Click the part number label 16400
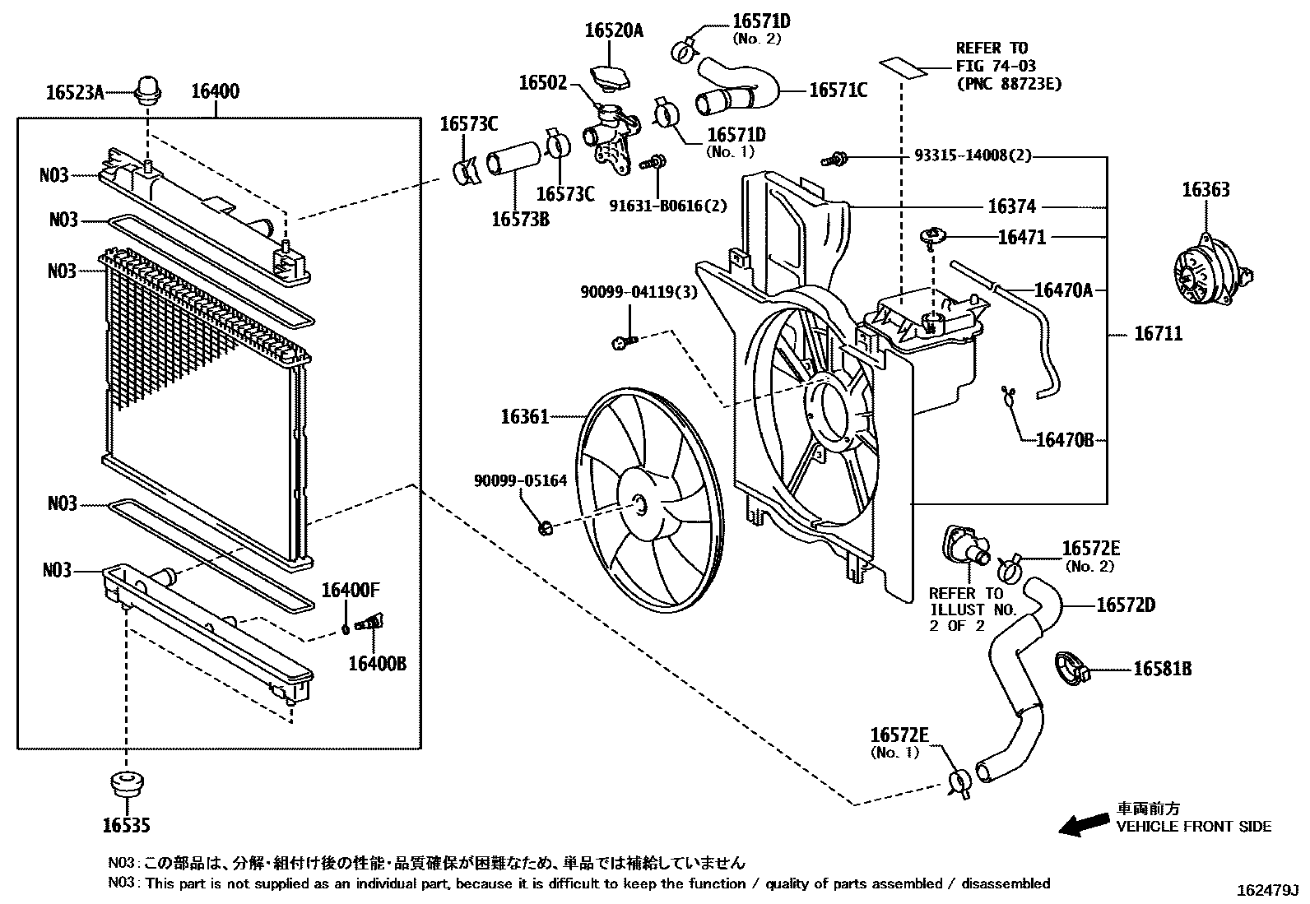(216, 91)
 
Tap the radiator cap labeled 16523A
(148, 89)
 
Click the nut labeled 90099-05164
(544, 527)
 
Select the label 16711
(1158, 334)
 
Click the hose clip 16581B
(1071, 669)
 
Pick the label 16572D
(1126, 606)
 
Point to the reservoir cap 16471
(933, 238)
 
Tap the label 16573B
(520, 219)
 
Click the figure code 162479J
(1265, 891)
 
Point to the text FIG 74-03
(995, 66)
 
